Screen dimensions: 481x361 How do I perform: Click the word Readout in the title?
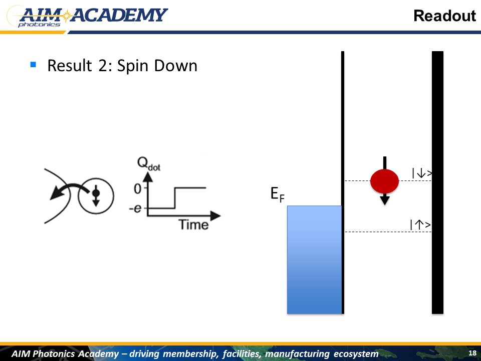[x=444, y=16]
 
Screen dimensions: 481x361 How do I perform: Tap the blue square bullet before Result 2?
[x=34, y=65]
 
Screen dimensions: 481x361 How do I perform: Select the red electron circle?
[x=384, y=181]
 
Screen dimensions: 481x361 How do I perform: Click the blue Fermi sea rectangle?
[x=314, y=260]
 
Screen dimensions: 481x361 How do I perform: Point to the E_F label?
[x=278, y=195]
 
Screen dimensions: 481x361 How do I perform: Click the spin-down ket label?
[x=422, y=173]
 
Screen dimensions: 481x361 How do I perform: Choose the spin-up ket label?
[x=420, y=225]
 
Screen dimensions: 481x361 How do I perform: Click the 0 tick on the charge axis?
[x=137, y=189]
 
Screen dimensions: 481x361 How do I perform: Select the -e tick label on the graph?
[x=135, y=209]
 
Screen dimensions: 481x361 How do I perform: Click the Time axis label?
[x=193, y=225]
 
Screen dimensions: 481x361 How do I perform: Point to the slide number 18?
[x=472, y=352]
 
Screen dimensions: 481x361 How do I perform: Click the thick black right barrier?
[x=437, y=183]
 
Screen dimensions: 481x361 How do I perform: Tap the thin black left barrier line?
[x=343, y=183]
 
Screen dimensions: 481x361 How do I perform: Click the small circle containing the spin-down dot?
[x=96, y=196]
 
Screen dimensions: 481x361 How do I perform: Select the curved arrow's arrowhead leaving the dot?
[x=56, y=193]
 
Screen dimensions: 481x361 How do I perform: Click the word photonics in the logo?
[x=39, y=25]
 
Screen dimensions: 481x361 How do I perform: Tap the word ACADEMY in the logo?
[x=119, y=16]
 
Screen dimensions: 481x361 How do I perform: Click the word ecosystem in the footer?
[x=356, y=353]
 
